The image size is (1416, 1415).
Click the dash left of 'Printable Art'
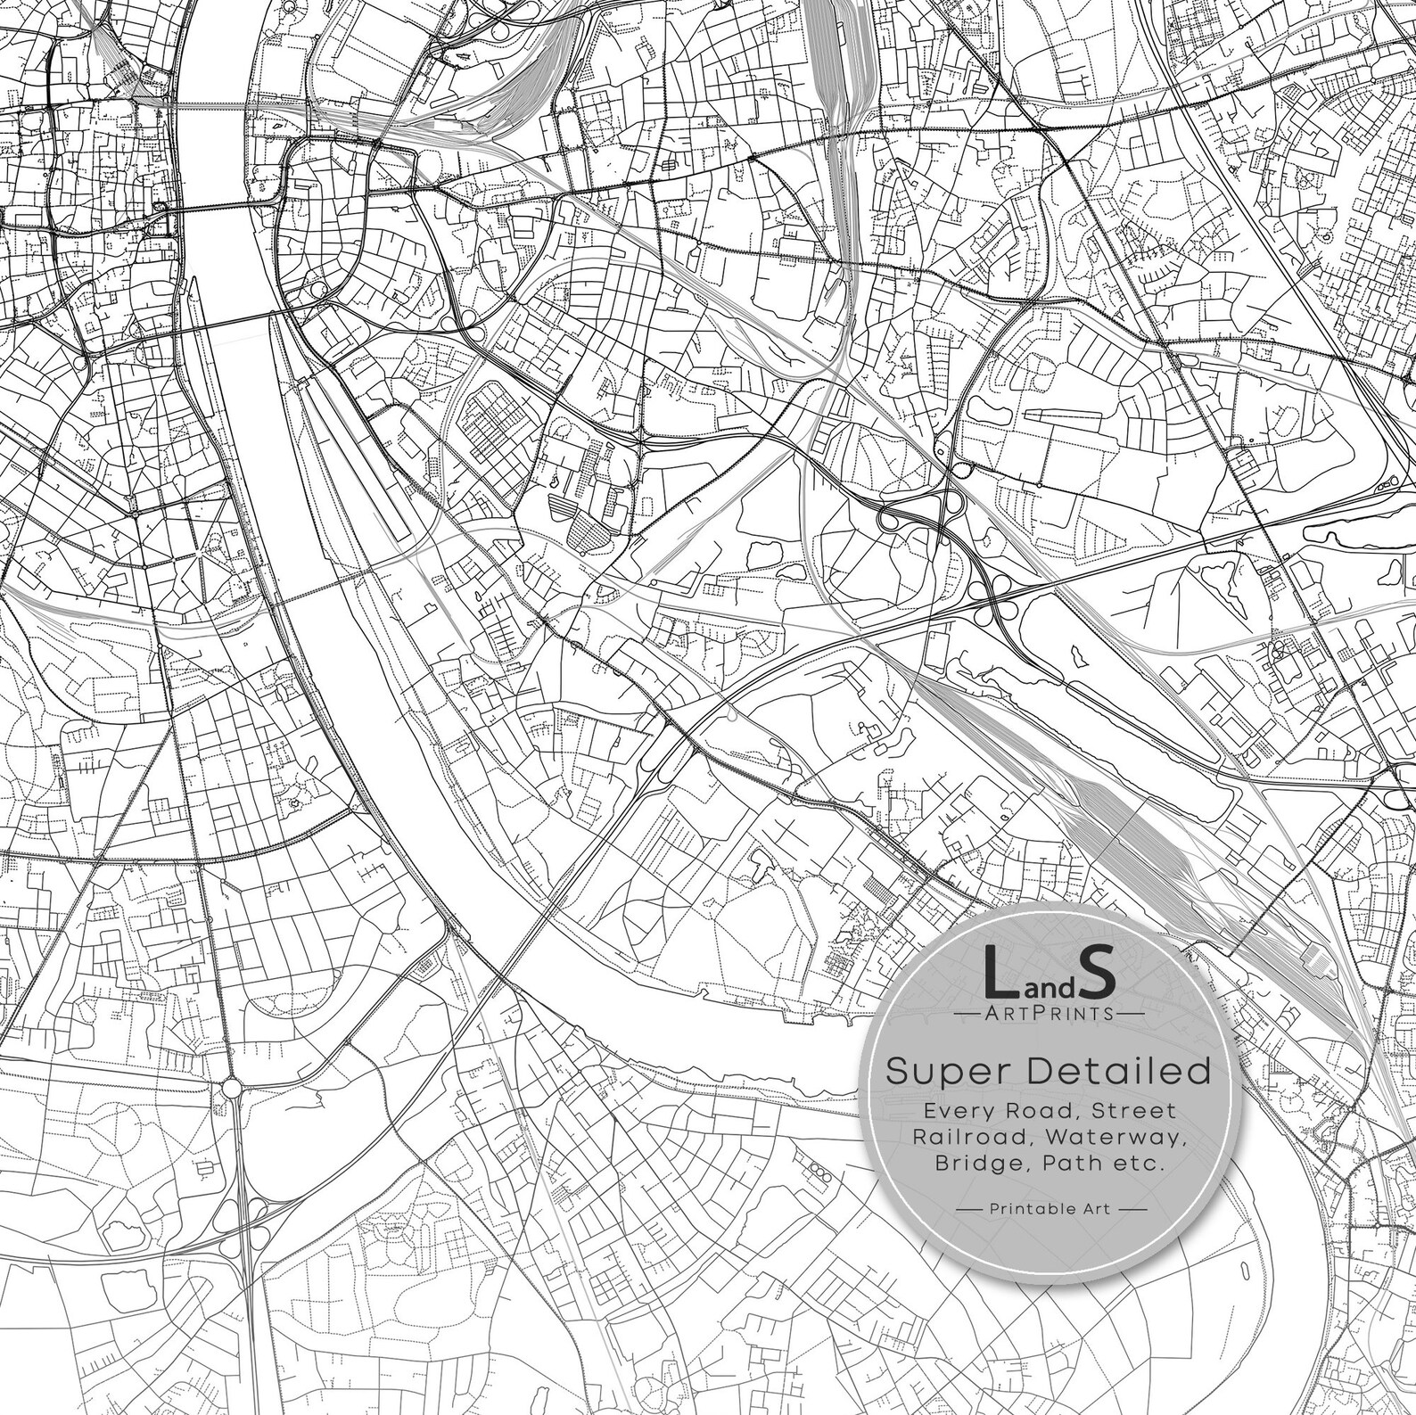pos(969,1209)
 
